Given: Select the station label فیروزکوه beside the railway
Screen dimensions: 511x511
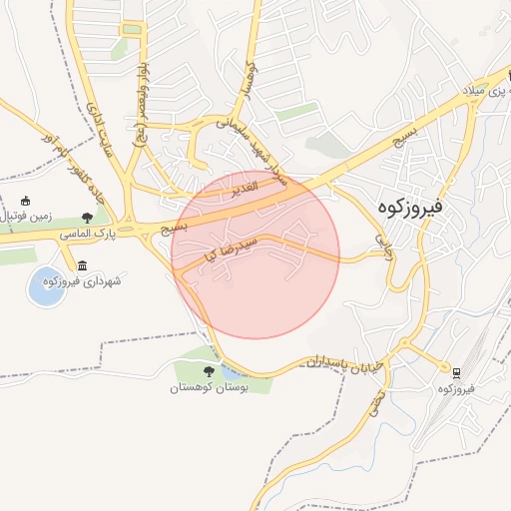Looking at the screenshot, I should tap(457, 389).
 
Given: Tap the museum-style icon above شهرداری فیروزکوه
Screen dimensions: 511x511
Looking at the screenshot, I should tap(81, 265).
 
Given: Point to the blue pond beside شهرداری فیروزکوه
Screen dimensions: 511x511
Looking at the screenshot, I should tap(46, 285).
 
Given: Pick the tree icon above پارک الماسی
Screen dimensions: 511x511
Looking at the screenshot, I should tap(88, 217).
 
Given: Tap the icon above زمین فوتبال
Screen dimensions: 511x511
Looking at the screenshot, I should tap(26, 200).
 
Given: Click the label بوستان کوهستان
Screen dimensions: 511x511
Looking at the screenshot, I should tap(210, 387).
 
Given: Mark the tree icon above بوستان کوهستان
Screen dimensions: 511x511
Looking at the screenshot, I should tap(209, 371).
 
